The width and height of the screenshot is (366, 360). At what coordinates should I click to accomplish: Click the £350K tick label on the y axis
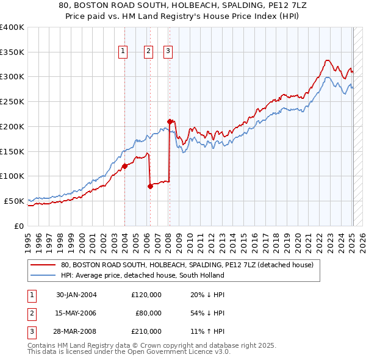tap(12, 52)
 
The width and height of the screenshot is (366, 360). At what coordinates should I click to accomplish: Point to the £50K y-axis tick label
tap(13, 201)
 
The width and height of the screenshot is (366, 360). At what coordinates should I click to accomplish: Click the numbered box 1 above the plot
tap(123, 52)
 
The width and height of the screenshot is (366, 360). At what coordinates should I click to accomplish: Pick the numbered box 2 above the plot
tap(148, 52)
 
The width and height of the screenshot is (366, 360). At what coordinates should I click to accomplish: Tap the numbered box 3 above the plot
tap(167, 52)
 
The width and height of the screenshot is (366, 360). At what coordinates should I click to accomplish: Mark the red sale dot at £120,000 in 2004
tap(124, 165)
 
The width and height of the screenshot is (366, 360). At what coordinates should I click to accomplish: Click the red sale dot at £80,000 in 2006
tap(150, 186)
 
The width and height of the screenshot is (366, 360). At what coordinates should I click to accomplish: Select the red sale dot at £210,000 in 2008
tap(169, 121)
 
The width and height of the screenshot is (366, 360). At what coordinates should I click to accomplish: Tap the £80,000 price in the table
tap(148, 313)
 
